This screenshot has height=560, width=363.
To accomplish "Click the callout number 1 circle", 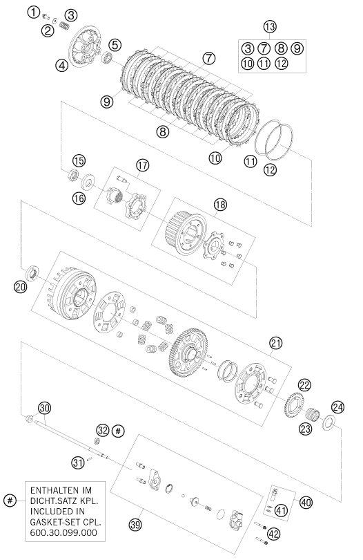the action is click(x=33, y=13).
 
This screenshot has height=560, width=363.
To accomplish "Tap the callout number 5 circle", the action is click(x=115, y=45).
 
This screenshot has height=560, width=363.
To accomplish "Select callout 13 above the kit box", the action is click(x=270, y=26).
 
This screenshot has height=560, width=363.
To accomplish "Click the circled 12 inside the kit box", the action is click(x=282, y=64).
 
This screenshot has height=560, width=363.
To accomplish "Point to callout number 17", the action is click(x=142, y=165).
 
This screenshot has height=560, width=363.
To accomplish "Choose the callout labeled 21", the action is click(x=275, y=344).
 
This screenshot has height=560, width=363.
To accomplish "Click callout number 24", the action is click(x=337, y=407).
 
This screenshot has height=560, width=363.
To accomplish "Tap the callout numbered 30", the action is click(x=45, y=408).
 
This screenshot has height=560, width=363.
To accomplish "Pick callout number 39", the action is click(x=135, y=525).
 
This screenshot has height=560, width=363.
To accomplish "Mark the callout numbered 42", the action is click(x=273, y=534).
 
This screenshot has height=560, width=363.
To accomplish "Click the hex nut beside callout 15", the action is click(x=73, y=175).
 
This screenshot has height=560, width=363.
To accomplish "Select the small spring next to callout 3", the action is click(x=64, y=26).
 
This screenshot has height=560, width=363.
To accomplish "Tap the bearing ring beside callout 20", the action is click(x=32, y=274).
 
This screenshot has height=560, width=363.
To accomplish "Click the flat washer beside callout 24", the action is click(x=328, y=422).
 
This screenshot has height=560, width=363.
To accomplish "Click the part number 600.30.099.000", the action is click(x=63, y=533).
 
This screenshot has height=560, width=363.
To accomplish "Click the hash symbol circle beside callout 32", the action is click(x=118, y=431).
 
